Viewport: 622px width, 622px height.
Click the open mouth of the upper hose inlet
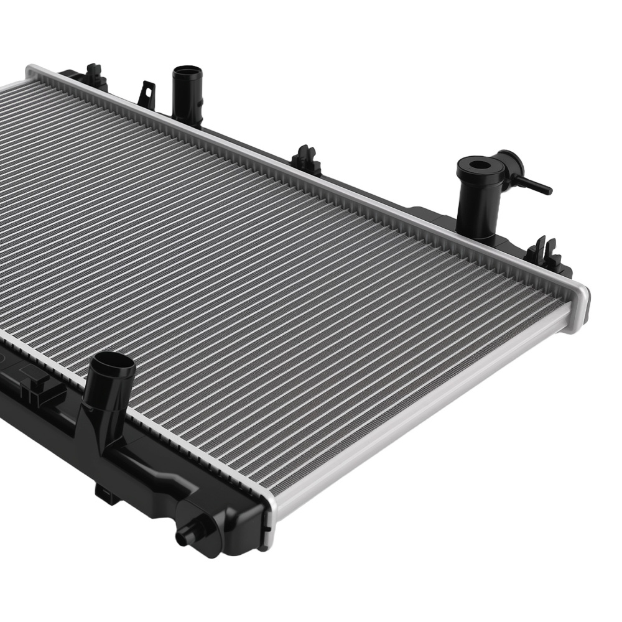(x=184, y=70)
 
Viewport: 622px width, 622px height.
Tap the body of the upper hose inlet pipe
(x=185, y=100)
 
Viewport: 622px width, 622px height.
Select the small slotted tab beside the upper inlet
(x=147, y=93)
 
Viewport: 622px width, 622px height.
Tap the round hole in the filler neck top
(x=480, y=165)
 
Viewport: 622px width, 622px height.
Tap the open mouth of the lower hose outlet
(x=114, y=363)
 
